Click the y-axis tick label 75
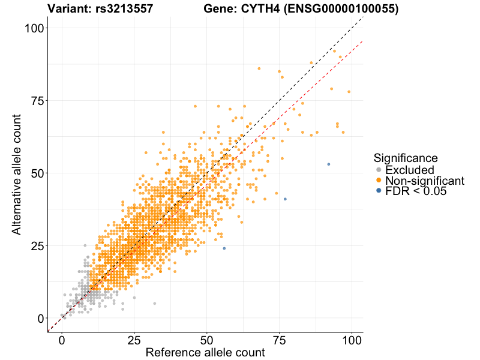click(37, 100)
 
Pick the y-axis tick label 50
click(37, 173)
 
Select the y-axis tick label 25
click(37, 245)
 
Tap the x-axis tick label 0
click(62, 340)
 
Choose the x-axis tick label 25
click(134, 340)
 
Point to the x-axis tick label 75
click(279, 340)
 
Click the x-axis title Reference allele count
click(205, 353)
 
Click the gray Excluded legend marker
click(379, 170)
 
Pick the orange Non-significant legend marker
click(379, 181)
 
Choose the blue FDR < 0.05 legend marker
click(379, 191)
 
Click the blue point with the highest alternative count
click(328, 164)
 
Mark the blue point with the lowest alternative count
click(224, 248)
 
